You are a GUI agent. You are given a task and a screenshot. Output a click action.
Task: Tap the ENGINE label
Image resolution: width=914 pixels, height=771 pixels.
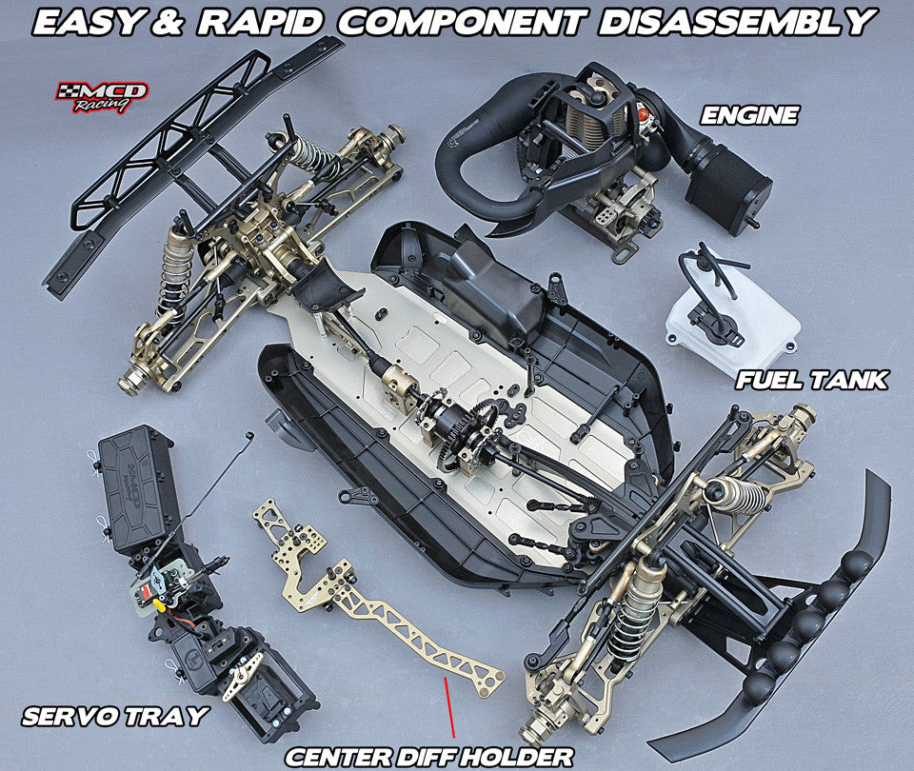pyautogui.click(x=748, y=116)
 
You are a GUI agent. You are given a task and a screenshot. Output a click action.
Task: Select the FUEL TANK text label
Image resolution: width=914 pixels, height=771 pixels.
pyautogui.click(x=811, y=380)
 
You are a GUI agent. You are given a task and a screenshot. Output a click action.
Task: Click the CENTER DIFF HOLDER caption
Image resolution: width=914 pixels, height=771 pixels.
pyautogui.click(x=429, y=757)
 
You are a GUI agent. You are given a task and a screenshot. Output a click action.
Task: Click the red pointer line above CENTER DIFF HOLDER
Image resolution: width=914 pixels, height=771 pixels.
pyautogui.click(x=449, y=709)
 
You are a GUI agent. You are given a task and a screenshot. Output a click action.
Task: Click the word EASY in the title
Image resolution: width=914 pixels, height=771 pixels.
pyautogui.click(x=91, y=21)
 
